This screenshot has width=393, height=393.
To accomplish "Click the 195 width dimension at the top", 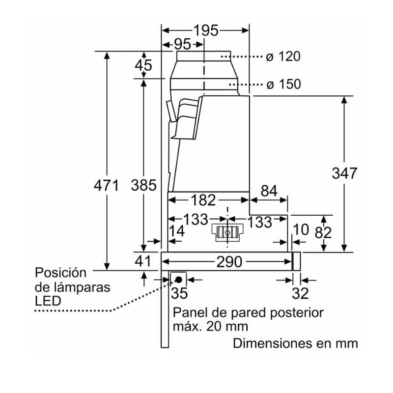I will pyautogui.click(x=205, y=30).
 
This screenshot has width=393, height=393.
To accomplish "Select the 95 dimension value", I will pyautogui.click(x=182, y=44).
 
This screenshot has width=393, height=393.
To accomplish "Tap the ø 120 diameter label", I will pyautogui.click(x=283, y=56).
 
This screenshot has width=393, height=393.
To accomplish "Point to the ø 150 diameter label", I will pyautogui.click(x=283, y=84).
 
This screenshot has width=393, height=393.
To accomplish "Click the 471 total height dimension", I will pyautogui.click(x=106, y=186).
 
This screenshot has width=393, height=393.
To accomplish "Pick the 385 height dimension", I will pyautogui.click(x=143, y=186).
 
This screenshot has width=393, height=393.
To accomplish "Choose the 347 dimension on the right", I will pyautogui.click(x=344, y=173).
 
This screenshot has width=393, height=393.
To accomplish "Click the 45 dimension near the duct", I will pyautogui.click(x=143, y=65).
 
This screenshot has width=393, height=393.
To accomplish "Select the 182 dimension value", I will pyautogui.click(x=203, y=200).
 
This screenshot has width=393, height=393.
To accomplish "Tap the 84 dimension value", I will pyautogui.click(x=269, y=191).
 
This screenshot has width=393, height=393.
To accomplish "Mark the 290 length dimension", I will pyautogui.click(x=229, y=262).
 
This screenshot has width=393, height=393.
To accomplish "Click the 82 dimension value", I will pyautogui.click(x=323, y=233).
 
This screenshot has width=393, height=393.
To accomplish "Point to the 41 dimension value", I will pyautogui.click(x=143, y=261).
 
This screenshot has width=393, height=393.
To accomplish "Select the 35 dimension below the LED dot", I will pyautogui.click(x=180, y=294).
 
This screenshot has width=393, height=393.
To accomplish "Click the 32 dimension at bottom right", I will pyautogui.click(x=300, y=294).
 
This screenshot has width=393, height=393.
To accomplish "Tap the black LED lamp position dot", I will pyautogui.click(x=178, y=280).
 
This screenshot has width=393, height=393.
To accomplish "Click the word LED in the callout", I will pyautogui.click(x=48, y=301).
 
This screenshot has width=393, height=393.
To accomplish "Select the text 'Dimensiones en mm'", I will pyautogui.click(x=295, y=342).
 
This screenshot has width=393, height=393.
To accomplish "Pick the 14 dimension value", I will pyautogui.click(x=177, y=231).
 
